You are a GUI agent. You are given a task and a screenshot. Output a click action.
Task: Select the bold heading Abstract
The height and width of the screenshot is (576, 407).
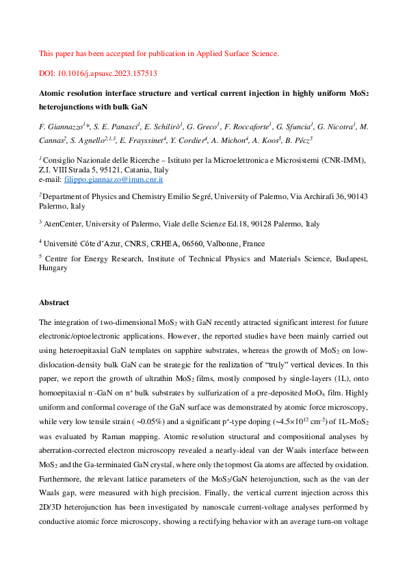coord(54,302)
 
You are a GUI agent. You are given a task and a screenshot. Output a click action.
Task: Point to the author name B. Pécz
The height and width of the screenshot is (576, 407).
coord(298,140)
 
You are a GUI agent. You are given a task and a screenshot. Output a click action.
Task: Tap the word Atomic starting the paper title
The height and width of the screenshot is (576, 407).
coord(54,93)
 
